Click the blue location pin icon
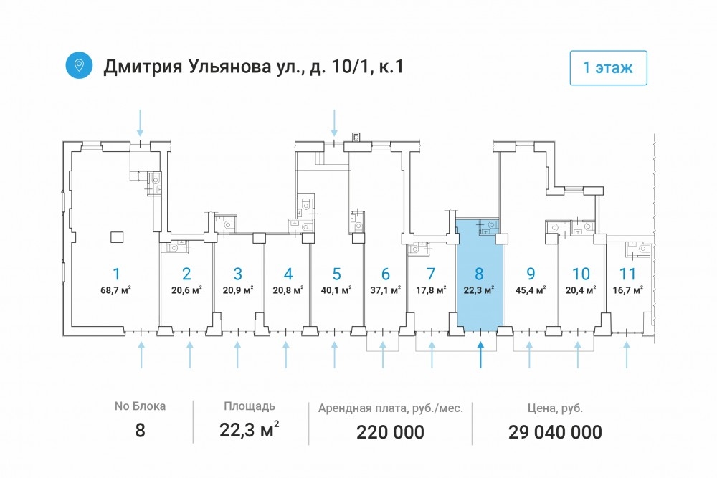(79, 65)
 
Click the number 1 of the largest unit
(117, 274)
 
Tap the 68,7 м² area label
(116, 290)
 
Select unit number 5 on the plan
(336, 274)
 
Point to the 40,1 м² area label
(336, 290)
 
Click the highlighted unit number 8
(479, 274)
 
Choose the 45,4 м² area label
(531, 290)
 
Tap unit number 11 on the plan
(627, 274)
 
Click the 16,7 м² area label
(628, 290)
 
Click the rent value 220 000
(391, 432)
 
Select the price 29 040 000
(555, 432)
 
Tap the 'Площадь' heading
(250, 406)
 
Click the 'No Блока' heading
(140, 406)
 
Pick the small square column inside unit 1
(118, 237)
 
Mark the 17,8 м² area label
(431, 290)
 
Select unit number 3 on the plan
(238, 274)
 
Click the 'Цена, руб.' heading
(555, 408)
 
